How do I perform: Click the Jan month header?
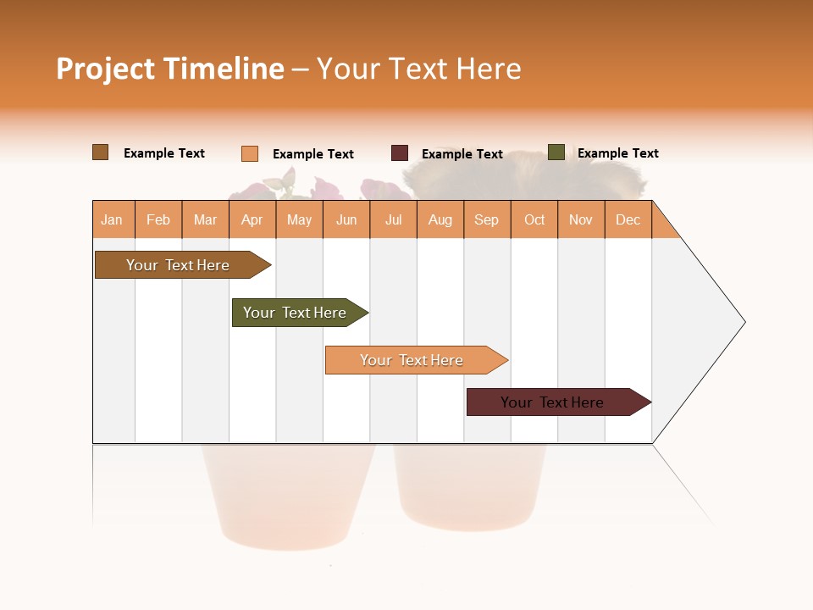point(112,219)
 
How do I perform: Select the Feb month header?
point(158,219)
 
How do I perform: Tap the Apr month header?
point(252,219)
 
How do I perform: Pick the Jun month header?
point(346,219)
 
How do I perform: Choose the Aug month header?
point(440,219)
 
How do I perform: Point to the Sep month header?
point(486,219)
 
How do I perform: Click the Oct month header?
point(534,219)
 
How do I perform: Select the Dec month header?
point(628,219)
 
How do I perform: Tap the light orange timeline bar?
point(413,360)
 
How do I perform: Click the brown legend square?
point(101,152)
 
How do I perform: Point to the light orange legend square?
point(250,153)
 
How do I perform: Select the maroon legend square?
point(400,153)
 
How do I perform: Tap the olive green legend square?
point(556,152)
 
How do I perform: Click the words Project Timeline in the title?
point(169,69)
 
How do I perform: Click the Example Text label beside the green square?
point(617,153)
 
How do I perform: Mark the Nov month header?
point(581,219)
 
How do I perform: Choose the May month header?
point(299,219)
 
